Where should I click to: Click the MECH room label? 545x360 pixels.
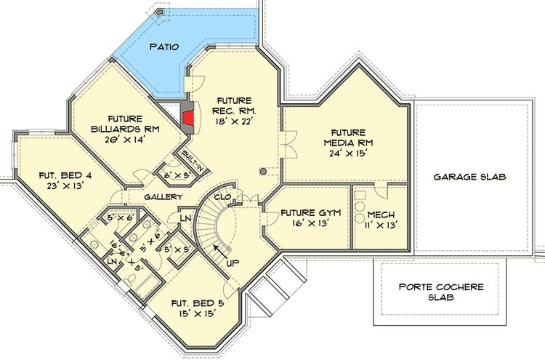[x=381, y=215]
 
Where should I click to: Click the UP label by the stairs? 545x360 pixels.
[x=233, y=262]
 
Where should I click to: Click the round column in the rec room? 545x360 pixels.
[x=264, y=172]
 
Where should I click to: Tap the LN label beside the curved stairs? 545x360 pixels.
[x=185, y=217]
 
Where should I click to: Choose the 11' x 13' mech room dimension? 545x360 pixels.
[x=381, y=225]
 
